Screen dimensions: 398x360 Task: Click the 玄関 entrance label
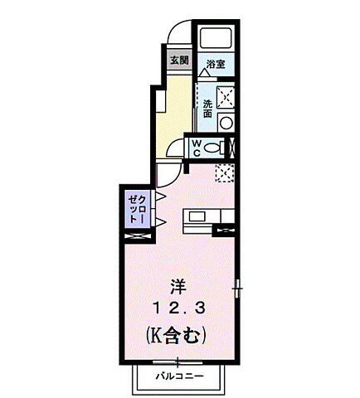click(179, 61)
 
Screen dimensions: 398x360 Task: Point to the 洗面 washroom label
click(207, 108)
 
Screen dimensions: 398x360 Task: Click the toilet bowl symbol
click(213, 148)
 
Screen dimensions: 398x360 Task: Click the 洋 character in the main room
click(178, 287)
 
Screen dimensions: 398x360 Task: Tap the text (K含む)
click(177, 337)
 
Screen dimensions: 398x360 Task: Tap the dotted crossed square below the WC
click(224, 173)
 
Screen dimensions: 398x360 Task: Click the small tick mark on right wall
click(238, 289)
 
